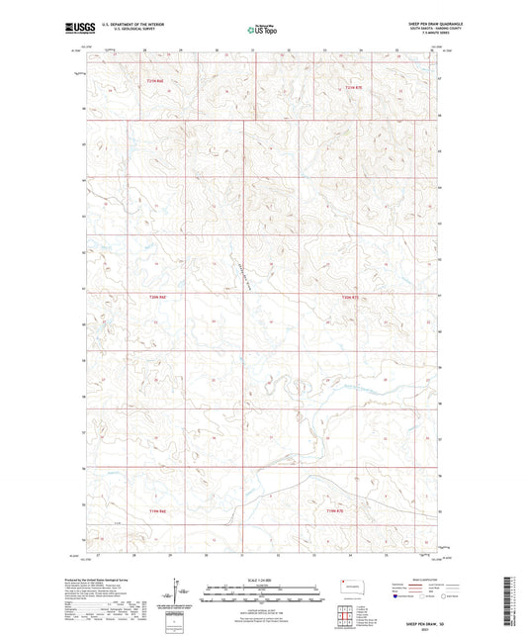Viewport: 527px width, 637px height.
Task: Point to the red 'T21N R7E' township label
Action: click(354, 89)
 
